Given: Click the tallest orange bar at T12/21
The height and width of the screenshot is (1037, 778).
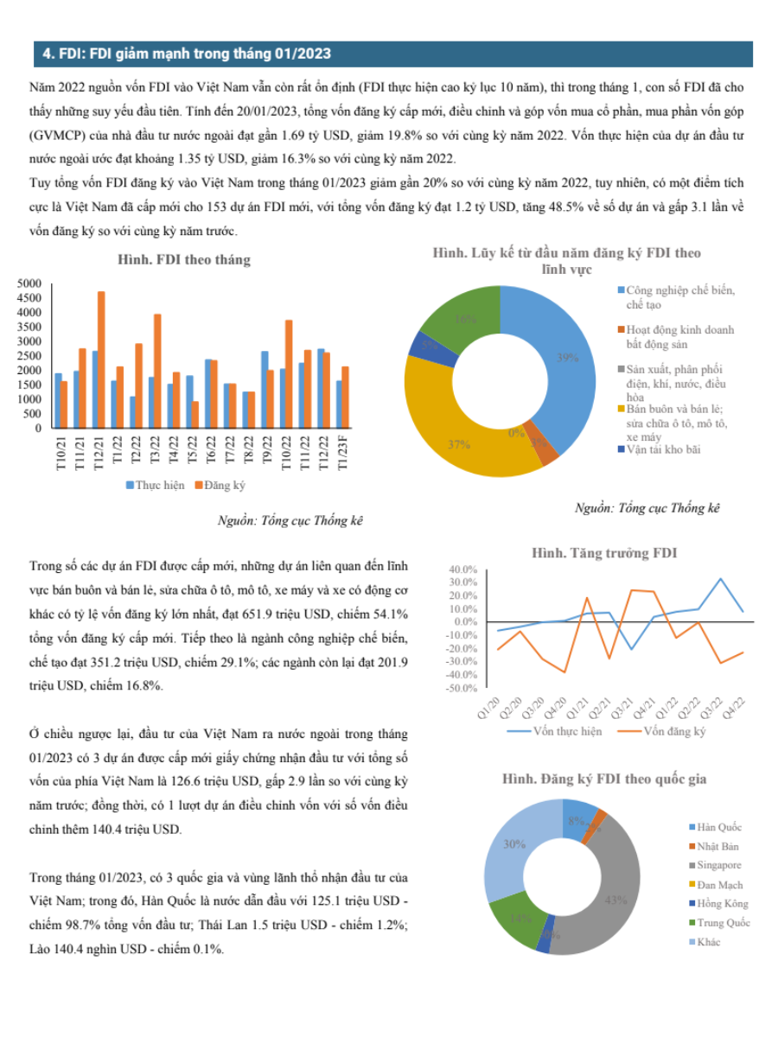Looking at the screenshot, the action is coord(101,359).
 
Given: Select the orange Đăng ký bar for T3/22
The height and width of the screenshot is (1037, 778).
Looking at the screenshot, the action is coord(157,371).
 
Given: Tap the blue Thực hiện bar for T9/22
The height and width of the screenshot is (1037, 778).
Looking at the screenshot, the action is coord(265,389).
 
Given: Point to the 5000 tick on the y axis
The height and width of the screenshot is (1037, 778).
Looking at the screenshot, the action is coord(29,283).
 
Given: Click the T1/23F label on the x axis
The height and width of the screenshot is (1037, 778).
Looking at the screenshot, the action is coord(343,453).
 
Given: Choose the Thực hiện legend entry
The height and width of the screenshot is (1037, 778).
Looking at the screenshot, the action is coord(156,485).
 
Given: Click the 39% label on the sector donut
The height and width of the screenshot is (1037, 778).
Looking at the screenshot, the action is coord(567,358).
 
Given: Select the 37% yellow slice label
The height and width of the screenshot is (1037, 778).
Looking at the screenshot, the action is coord(459,444).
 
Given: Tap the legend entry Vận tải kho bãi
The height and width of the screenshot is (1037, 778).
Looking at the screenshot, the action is coord(660,449).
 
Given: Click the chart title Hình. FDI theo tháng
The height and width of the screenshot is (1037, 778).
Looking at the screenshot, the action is coord(184,260).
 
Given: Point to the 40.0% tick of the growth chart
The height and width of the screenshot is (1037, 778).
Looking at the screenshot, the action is coord(463,569).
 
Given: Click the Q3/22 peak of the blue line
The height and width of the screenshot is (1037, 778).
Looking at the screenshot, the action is coord(720,578).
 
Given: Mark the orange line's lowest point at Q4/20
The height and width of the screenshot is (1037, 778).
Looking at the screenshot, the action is coord(564,671).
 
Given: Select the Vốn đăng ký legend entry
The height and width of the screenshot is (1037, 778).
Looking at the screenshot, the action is coord(661,731).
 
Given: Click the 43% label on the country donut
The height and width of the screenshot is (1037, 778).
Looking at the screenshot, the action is coord(616,900).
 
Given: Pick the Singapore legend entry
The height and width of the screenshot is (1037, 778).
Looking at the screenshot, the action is coord(715,864).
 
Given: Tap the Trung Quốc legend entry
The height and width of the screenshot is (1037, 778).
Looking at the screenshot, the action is coord(719,922).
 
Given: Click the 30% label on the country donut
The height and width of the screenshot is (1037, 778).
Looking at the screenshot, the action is coord(514,843).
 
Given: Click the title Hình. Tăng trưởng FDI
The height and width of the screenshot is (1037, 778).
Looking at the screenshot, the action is coord(604,553).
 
